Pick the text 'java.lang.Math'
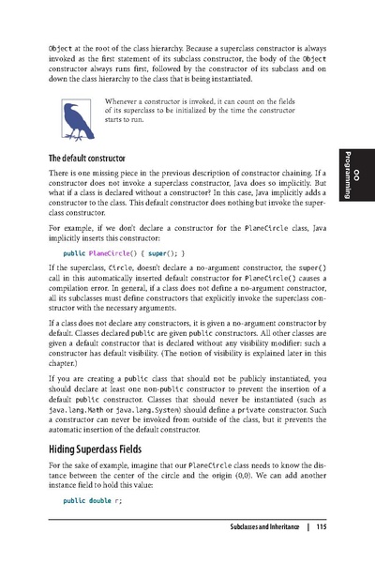click(75, 410)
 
